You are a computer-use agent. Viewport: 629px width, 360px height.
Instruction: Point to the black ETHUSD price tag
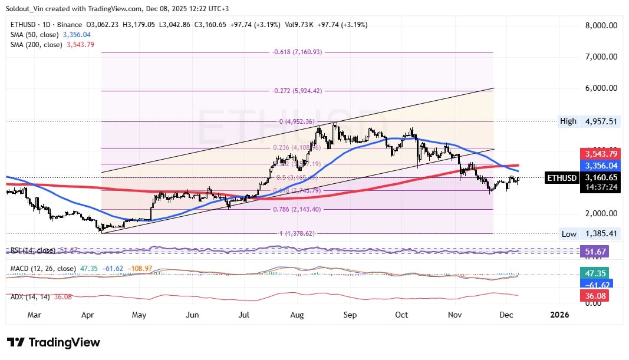pos(562,177)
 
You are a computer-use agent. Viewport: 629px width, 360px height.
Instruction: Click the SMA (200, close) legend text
pos(36,44)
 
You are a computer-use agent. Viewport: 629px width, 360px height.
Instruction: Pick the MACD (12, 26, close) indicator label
pos(43,269)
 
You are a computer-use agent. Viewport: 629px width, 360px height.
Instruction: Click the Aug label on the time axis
pos(297,315)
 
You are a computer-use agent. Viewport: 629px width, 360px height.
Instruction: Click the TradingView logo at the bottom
pos(54,342)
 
